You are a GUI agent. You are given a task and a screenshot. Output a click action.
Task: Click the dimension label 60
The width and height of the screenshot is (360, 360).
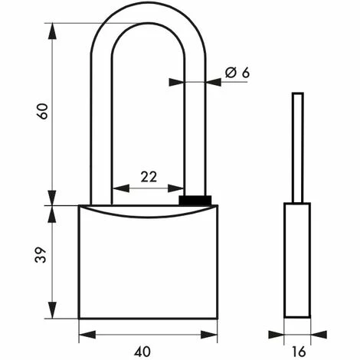click(x=42, y=111)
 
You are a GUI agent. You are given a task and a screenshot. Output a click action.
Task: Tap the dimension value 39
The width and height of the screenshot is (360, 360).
click(x=41, y=254)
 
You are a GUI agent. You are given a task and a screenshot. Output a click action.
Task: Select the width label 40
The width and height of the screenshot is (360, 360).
click(x=142, y=352)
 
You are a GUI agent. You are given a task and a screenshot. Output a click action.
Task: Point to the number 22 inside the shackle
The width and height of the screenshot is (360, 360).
click(x=149, y=177)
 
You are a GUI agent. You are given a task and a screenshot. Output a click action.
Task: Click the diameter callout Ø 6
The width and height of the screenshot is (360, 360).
click(x=237, y=73)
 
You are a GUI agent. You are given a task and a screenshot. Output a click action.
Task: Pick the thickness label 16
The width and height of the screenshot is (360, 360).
click(x=298, y=352)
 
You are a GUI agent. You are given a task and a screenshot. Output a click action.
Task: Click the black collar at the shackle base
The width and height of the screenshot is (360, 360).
click(x=195, y=200)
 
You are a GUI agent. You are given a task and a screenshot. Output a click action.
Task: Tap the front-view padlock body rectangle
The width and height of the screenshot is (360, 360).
click(x=148, y=262)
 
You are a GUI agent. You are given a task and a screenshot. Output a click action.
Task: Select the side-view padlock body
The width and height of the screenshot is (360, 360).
click(x=297, y=260)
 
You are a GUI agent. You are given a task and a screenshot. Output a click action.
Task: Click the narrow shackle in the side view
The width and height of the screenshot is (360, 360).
click(x=298, y=148)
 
